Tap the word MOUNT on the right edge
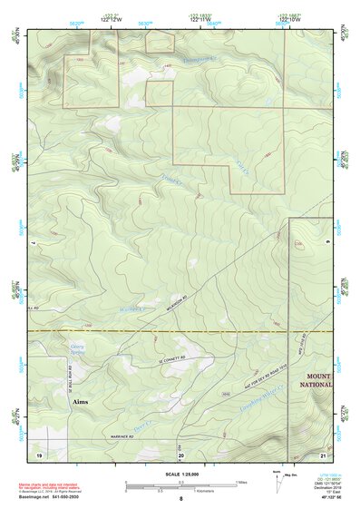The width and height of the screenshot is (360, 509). (319, 376)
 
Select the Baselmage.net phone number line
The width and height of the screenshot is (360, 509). (51, 496)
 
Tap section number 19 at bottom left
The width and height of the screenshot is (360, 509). (39, 453)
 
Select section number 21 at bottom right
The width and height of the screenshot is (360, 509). (323, 453)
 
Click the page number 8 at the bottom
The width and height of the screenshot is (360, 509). (180, 499)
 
